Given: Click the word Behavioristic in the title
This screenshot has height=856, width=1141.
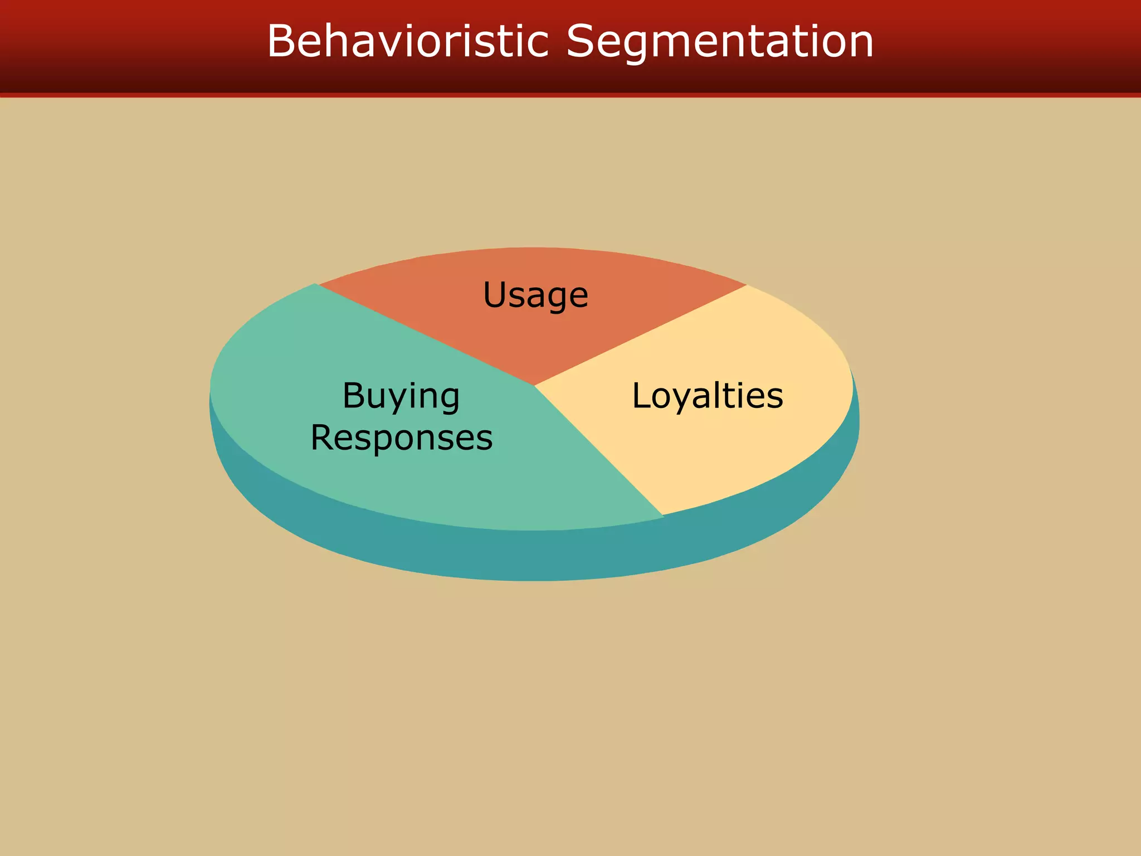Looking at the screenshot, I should (x=408, y=41).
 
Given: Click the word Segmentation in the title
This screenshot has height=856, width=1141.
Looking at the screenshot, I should (x=719, y=42).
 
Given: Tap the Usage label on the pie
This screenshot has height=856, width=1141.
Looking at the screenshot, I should (x=535, y=295).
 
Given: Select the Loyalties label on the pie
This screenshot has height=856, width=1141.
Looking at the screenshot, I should (x=707, y=396).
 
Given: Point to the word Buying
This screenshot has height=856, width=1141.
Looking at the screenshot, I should (x=401, y=396).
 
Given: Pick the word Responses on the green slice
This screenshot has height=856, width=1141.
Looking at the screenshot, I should (x=401, y=437).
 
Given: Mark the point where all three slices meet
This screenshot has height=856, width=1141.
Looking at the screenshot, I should (x=534, y=385).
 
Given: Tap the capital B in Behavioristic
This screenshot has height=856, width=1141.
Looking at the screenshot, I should (x=281, y=41).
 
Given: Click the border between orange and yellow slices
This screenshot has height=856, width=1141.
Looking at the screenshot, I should (x=641, y=335).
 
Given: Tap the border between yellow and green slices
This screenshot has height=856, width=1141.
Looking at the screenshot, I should (x=599, y=450).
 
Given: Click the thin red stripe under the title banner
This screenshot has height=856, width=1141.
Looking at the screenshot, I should (x=570, y=95).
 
